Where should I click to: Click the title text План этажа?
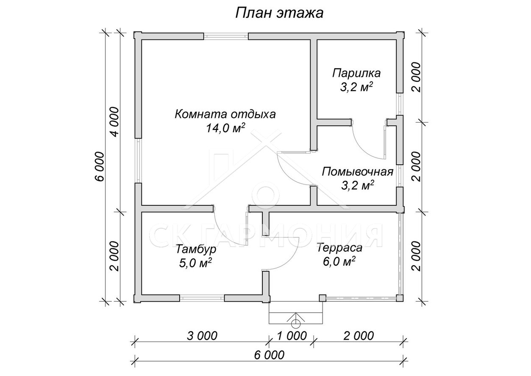coord(279,13)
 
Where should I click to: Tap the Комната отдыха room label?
coord(225,114)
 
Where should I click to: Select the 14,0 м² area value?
coord(225,128)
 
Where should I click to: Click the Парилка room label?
coord(356,73)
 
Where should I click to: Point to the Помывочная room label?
coord(358,172)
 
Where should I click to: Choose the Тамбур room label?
coord(196,250)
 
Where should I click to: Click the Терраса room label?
coord(339,248)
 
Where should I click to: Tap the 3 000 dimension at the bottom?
coord(202,336)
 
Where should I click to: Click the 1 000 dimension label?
coord(292,336)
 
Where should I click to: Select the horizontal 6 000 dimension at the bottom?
coord(269,355)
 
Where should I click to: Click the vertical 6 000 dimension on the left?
coord(100,166)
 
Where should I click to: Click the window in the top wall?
coord(226,36)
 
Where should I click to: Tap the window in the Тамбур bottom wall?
coord(202,298)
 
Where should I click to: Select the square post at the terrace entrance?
coord(322,298)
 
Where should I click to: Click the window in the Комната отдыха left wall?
coord(138,160)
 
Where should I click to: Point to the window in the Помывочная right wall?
coord(400,176)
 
